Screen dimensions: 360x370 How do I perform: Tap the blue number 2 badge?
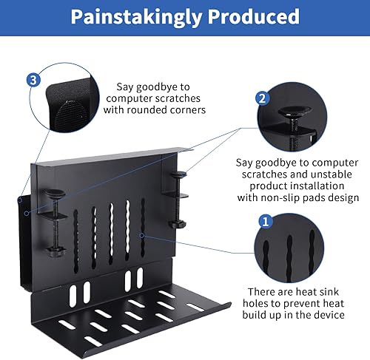click(260, 98)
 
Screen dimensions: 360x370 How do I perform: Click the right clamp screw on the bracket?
click(178, 200)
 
